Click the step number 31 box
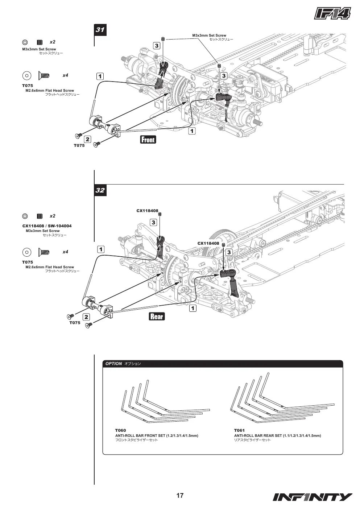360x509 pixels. (100, 30)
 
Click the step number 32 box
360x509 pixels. (100, 190)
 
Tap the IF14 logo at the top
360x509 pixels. (332, 13)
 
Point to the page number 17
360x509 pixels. (180, 495)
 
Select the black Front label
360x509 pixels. (148, 140)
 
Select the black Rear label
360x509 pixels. (157, 316)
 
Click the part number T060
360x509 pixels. (120, 430)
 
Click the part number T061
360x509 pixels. (239, 430)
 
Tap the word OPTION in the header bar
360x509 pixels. (113, 364)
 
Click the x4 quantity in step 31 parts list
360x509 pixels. (65, 75)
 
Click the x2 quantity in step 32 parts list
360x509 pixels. (52, 216)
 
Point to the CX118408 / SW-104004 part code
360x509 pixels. (47, 226)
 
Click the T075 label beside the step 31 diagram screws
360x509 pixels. (79, 145)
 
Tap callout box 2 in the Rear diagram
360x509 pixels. (86, 317)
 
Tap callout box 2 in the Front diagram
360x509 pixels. (87, 139)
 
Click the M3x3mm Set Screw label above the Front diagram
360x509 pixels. (209, 36)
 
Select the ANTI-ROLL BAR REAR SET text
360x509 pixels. (258, 436)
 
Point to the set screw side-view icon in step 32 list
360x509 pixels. (40, 216)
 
